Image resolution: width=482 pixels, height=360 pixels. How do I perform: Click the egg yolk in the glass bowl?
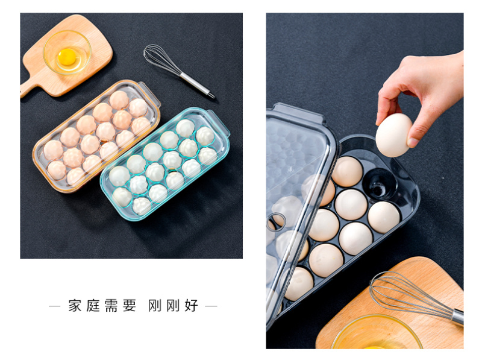[67, 57]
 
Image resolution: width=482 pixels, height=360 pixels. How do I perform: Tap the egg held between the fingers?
[393, 135]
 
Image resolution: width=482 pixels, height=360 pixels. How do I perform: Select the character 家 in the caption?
[75, 306]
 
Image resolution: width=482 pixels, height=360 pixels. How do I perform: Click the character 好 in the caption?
[191, 306]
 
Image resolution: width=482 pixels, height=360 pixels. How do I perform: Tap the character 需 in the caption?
[111, 306]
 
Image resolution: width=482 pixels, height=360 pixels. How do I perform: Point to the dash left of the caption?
[55, 306]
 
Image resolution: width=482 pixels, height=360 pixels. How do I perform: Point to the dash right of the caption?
[211, 306]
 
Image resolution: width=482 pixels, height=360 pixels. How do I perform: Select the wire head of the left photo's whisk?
[161, 60]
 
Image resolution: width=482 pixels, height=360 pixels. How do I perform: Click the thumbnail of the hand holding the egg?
[413, 142]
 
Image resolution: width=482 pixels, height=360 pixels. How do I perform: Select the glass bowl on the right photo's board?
[377, 333]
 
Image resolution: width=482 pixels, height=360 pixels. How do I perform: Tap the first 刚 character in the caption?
[155, 306]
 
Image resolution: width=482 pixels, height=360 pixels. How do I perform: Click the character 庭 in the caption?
[93, 306]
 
